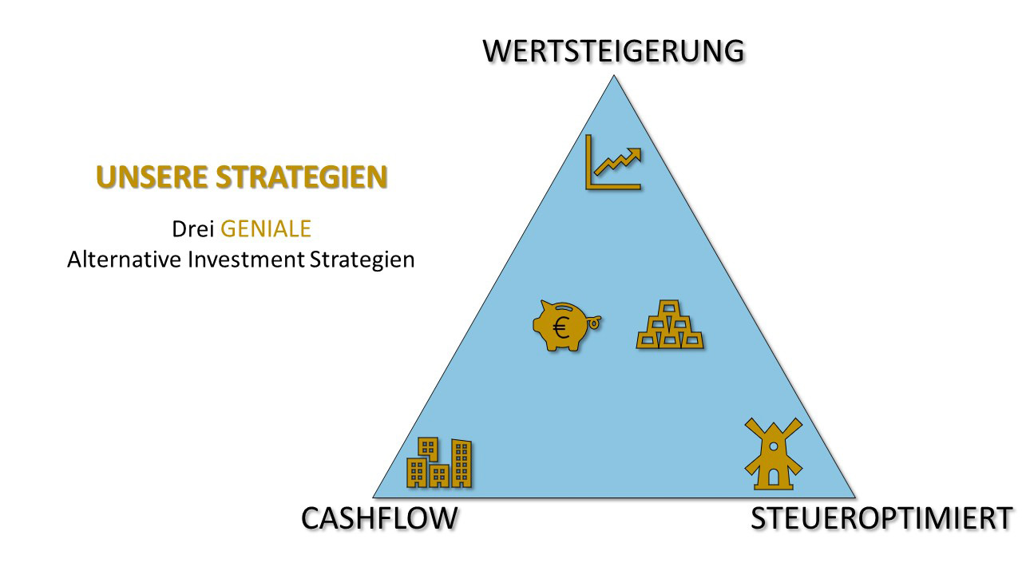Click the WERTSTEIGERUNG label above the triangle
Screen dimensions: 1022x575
(613, 50)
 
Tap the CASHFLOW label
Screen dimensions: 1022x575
(379, 518)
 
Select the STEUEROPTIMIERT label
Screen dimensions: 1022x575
(881, 518)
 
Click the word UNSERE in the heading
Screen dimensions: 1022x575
(152, 176)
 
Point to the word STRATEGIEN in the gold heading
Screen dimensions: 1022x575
(302, 176)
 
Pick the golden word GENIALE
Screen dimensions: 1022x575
(266, 228)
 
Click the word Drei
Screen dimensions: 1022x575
(192, 228)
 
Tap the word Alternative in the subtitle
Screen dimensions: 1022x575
(124, 260)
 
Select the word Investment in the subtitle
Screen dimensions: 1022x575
(246, 260)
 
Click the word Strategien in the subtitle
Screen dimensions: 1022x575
(362, 260)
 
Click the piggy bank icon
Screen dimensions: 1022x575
(566, 325)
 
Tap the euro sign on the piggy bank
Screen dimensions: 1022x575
(561, 327)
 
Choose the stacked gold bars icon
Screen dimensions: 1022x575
(670, 324)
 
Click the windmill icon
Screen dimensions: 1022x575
(774, 454)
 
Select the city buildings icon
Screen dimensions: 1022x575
(439, 462)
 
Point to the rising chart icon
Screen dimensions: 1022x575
(613, 162)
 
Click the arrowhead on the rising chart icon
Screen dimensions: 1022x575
(634, 154)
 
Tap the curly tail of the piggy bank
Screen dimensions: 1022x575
(594, 322)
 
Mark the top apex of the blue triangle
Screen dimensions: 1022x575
(614, 76)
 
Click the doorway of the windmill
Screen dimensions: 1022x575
(774, 478)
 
